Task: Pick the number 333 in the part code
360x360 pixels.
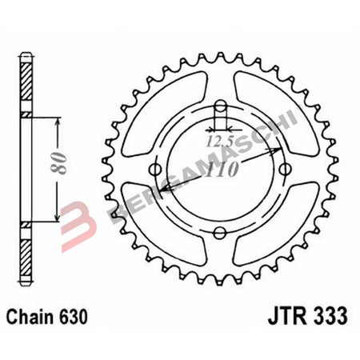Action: click(334, 316)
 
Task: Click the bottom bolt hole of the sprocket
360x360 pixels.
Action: click(222, 233)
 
